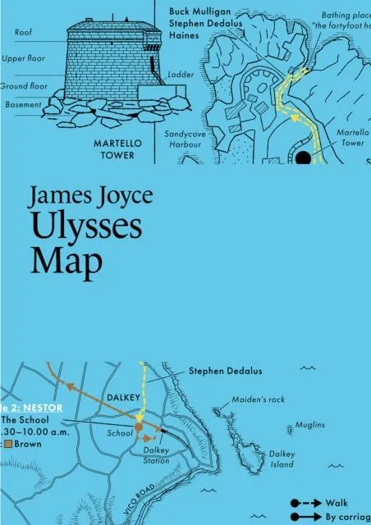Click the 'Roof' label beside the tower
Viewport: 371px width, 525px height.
(x=24, y=33)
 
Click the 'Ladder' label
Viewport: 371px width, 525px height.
(x=179, y=74)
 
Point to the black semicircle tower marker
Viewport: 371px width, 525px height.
(x=304, y=157)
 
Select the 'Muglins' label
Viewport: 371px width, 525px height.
(x=312, y=425)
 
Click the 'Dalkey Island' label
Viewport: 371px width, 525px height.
(x=282, y=459)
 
